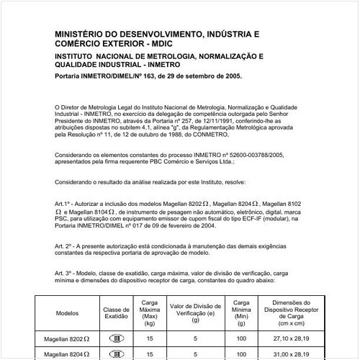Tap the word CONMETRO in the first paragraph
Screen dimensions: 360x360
pos(214,134)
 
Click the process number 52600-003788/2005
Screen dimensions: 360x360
pos(253,155)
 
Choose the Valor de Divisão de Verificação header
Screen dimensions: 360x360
pos(194,310)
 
